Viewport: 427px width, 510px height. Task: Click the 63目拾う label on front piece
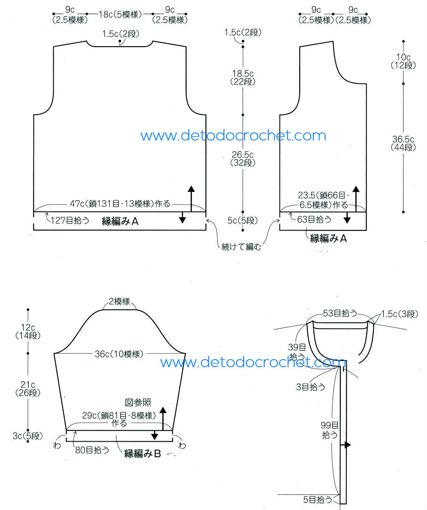click(x=314, y=219)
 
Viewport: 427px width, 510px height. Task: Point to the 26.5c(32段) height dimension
click(x=243, y=158)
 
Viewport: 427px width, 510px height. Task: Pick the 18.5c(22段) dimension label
click(x=243, y=77)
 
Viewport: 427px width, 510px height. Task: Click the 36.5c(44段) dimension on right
click(x=403, y=143)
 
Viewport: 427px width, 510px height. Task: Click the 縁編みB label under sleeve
click(x=143, y=453)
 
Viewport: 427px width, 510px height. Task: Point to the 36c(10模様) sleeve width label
click(x=118, y=354)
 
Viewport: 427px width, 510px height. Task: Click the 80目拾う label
click(x=92, y=450)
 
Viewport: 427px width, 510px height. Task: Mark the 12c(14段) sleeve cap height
click(x=28, y=331)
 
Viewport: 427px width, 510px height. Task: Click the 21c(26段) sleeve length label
click(x=28, y=388)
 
